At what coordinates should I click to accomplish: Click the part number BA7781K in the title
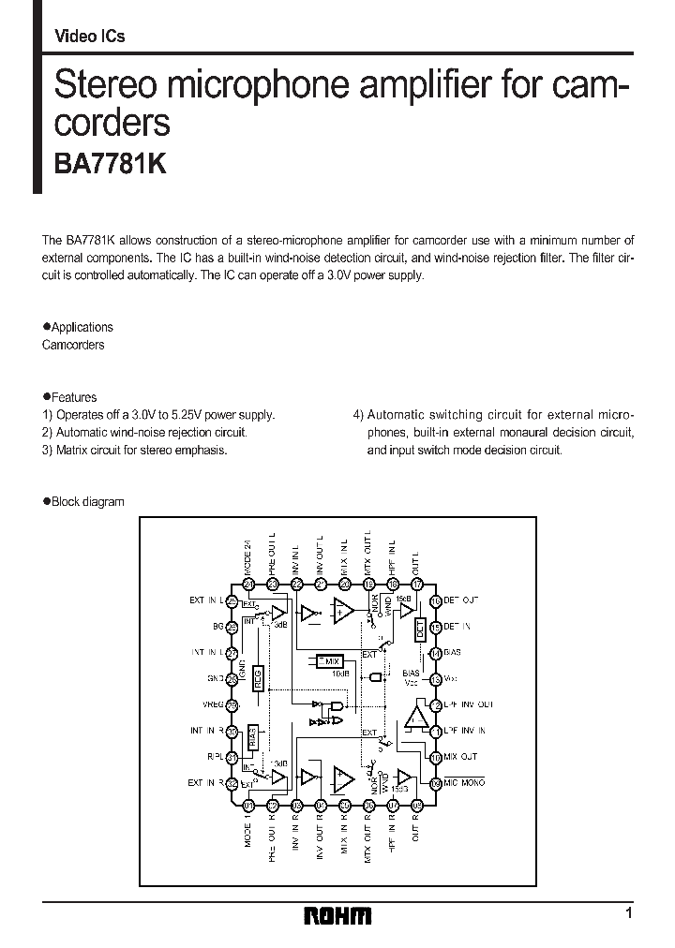(105, 161)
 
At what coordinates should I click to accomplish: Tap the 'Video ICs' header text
(90, 37)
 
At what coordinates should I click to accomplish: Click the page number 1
(628, 912)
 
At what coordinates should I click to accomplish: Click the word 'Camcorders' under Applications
(73, 345)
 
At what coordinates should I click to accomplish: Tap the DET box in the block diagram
(420, 630)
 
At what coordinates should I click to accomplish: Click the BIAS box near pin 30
(253, 736)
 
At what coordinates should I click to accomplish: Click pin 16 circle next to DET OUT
(435, 601)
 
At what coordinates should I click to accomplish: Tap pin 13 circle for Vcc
(435, 680)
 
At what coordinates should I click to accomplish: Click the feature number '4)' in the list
(358, 414)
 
